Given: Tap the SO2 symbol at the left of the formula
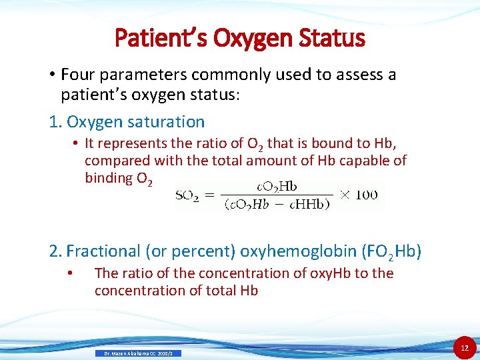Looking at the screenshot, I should click(188, 195).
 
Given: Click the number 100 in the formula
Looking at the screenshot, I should click(366, 195).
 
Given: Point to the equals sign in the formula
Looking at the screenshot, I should click(210, 195).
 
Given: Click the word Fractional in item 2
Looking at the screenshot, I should click(101, 251).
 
